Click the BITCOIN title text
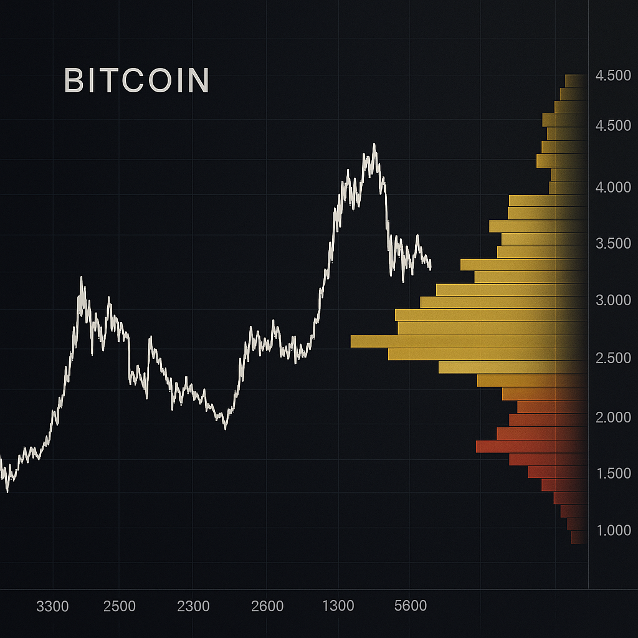(137, 81)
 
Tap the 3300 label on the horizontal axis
(52, 606)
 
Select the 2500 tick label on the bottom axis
(120, 606)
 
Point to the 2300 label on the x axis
(193, 606)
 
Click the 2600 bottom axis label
(267, 606)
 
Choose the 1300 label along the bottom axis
(338, 606)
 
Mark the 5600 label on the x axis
(411, 606)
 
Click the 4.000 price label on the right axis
(613, 187)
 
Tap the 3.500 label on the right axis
(613, 244)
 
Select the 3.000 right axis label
(613, 300)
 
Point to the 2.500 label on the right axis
(613, 358)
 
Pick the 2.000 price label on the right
(613, 417)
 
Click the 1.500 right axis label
(613, 474)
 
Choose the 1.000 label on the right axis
(613, 530)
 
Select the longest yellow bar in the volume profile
(467, 341)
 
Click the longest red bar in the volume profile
(530, 446)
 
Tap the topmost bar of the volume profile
(574, 81)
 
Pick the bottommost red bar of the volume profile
(578, 538)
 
